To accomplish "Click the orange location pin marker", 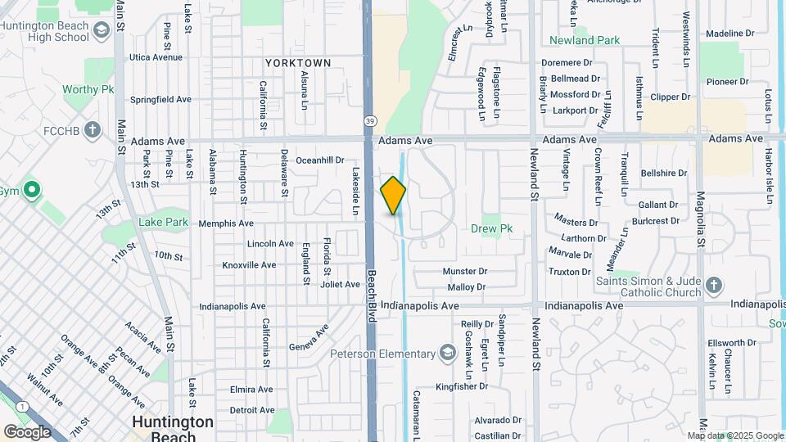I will tap(393, 196).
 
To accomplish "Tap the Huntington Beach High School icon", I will tap(102, 32).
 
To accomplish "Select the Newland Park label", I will tap(584, 39).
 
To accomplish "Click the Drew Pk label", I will tap(491, 229).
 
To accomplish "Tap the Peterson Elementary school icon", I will tap(447, 354).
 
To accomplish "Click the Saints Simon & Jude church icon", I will tap(714, 286).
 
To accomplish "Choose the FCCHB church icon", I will tap(93, 129).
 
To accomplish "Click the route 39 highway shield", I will tap(370, 121).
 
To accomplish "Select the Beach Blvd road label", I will tap(371, 296).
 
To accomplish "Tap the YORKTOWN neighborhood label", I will tap(298, 63).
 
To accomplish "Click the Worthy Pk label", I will tap(88, 89).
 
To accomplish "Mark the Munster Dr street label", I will tap(464, 271).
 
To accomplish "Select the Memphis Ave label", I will tap(225, 223).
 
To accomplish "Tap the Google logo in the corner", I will tap(27, 431).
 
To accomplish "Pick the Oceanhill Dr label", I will tap(320, 160).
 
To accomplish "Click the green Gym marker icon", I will tap(32, 191).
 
